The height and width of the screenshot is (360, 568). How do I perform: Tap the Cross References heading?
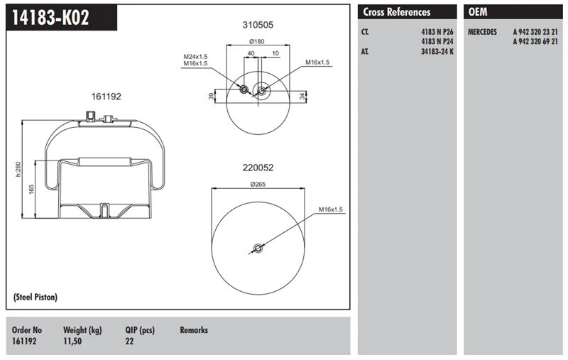click(x=397, y=12)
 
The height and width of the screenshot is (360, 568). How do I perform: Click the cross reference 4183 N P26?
click(x=437, y=33)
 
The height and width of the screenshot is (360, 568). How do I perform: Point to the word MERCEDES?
click(x=487, y=33)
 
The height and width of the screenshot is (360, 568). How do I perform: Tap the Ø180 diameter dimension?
click(x=257, y=41)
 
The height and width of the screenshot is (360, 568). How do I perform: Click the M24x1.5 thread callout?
click(x=196, y=56)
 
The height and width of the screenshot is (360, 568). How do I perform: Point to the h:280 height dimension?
click(x=19, y=170)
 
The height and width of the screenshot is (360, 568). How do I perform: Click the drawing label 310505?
click(x=257, y=24)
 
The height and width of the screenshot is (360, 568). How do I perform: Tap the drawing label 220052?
click(x=258, y=168)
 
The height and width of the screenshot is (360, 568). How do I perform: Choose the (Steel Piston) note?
click(x=35, y=297)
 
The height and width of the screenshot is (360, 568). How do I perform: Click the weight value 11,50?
click(x=72, y=342)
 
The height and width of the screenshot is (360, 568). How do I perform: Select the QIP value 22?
click(x=129, y=342)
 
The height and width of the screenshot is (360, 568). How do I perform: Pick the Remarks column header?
click(x=194, y=330)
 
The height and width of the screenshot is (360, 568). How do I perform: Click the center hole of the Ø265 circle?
click(x=258, y=249)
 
